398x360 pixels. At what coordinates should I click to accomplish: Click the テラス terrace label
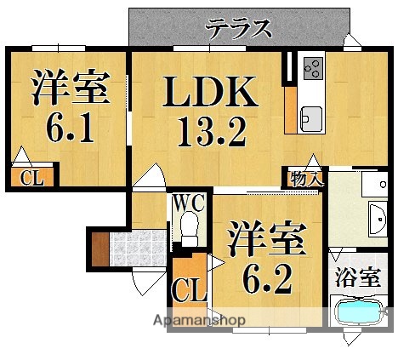(x=238, y=28)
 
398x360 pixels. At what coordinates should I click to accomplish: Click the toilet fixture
(x=189, y=227)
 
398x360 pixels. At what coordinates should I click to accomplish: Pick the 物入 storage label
(x=306, y=178)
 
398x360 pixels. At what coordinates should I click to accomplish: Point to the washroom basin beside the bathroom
(x=378, y=219)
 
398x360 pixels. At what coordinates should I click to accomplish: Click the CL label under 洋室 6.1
(x=31, y=178)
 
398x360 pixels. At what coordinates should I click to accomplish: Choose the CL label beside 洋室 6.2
(x=189, y=289)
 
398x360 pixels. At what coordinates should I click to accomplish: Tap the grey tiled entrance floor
(x=135, y=248)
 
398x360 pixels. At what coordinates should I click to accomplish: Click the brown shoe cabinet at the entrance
(x=99, y=248)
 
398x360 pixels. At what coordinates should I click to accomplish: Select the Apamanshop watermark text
(x=200, y=321)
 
